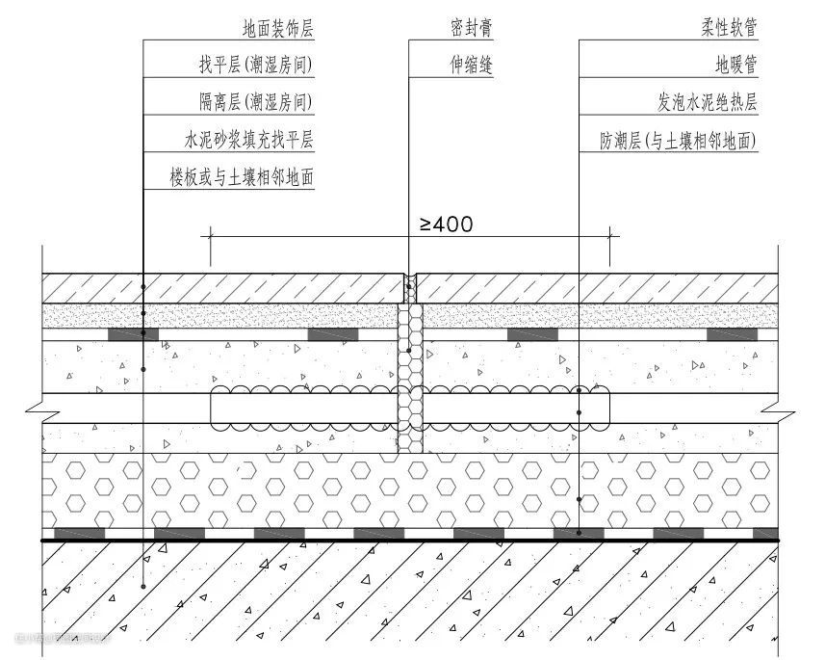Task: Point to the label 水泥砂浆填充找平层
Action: click(248, 140)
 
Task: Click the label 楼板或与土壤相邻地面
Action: click(242, 177)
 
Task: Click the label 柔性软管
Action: click(729, 29)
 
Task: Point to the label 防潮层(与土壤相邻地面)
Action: click(679, 141)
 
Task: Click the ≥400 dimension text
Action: click(446, 224)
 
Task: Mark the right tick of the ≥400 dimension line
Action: click(609, 234)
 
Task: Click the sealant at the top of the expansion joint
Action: click(409, 284)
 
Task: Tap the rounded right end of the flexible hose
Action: click(606, 409)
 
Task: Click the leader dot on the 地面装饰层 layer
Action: click(143, 287)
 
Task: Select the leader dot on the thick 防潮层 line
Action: click(579, 533)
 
